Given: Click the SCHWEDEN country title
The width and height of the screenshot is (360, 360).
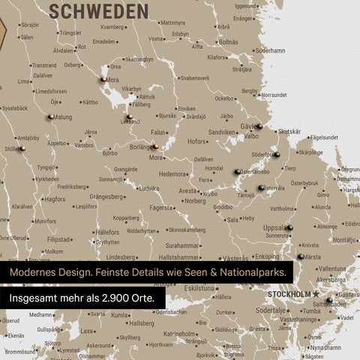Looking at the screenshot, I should [x=99, y=10].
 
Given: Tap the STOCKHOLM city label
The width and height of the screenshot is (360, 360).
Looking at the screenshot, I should [x=289, y=293].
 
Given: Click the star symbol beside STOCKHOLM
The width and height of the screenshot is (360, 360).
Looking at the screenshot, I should [x=316, y=293].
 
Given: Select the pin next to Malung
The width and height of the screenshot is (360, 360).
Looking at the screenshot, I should [x=49, y=116].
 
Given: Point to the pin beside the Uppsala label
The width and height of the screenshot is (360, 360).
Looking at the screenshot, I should [x=290, y=227].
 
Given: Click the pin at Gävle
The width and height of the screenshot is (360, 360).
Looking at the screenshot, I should [x=258, y=127].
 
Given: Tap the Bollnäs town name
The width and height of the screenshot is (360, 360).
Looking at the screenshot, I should [x=228, y=42].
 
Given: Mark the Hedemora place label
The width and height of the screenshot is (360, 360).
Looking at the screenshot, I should [x=174, y=173].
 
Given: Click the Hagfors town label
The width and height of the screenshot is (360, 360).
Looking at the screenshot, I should [x=55, y=200].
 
